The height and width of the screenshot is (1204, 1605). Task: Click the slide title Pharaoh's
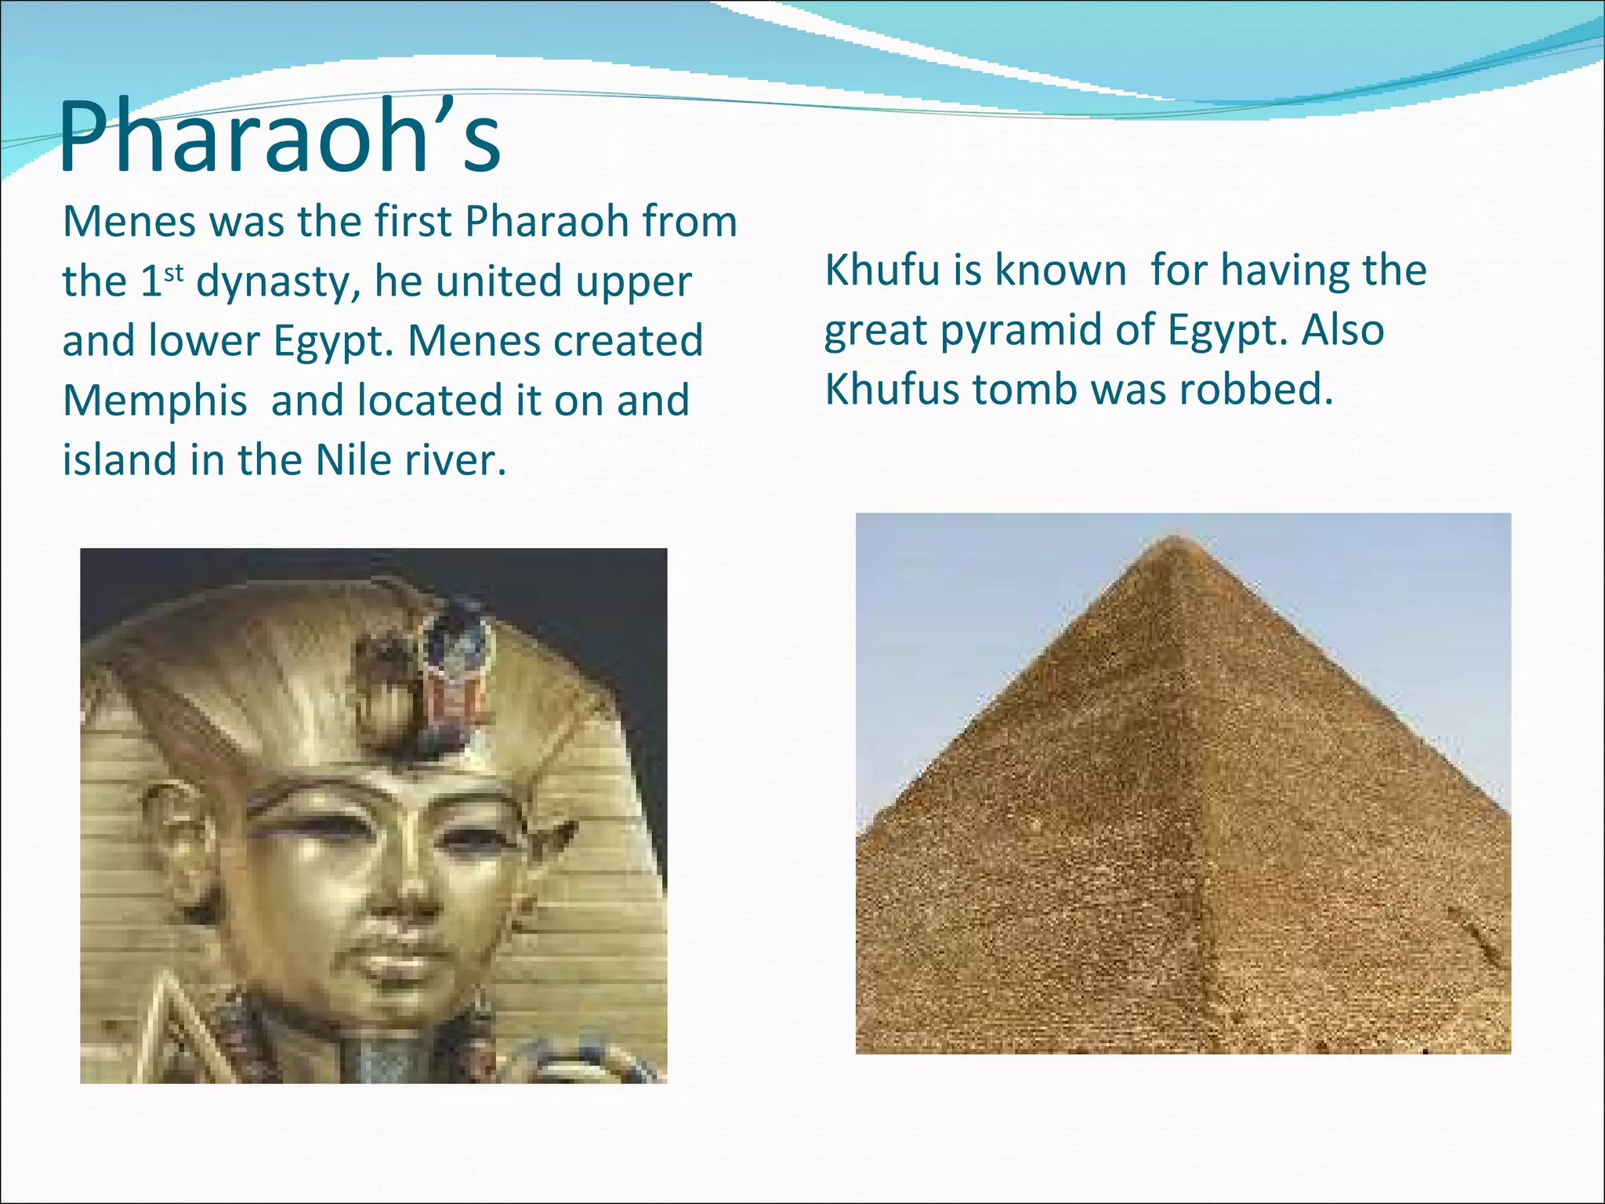coord(280,140)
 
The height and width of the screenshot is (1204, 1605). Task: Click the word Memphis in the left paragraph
coord(154,401)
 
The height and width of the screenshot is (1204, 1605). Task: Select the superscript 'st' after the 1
coord(173,272)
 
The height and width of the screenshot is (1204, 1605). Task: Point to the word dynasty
coord(278,283)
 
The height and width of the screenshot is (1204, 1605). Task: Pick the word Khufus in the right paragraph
coord(892,390)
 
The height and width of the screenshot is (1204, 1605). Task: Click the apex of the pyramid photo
coord(1175,538)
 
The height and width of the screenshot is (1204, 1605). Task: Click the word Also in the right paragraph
coord(1342,330)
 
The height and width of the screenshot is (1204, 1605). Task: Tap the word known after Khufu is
coord(1060,270)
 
